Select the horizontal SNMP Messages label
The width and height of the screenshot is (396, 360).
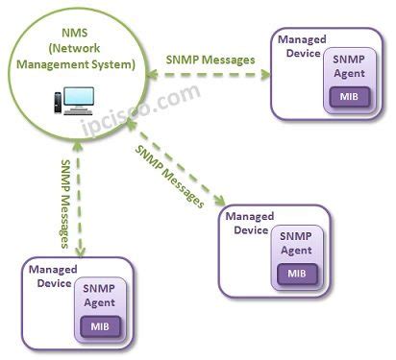pos(211,60)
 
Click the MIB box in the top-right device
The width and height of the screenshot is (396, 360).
pos(345,97)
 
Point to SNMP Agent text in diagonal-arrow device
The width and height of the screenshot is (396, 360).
pos(295,242)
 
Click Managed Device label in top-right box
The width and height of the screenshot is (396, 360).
pos(300,48)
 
